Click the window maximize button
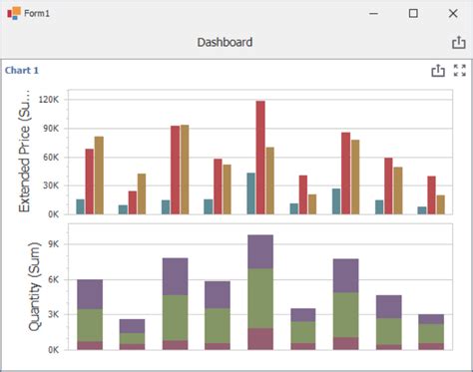[413, 13]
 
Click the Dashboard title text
[225, 43]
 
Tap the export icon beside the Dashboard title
[458, 43]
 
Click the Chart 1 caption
[22, 71]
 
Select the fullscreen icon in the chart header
[460, 71]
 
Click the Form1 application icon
[14, 13]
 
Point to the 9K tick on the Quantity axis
[56, 244]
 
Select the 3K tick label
[56, 314]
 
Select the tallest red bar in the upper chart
[260, 157]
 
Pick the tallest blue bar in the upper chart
[250, 193]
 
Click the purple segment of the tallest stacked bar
[260, 251]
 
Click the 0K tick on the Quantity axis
[56, 349]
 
